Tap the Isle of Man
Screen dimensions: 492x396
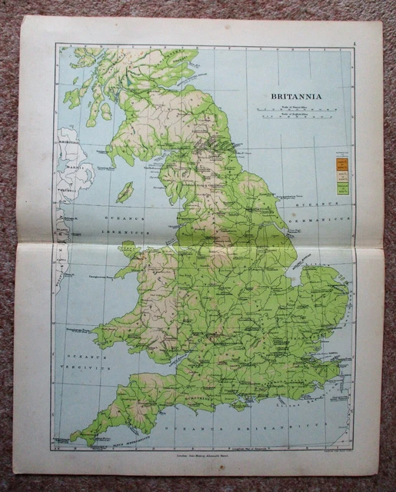pos(124,191)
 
